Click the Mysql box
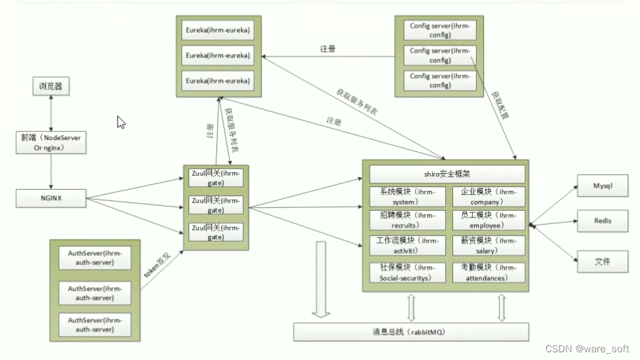[602, 187]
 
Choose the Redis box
[602, 221]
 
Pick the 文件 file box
[602, 261]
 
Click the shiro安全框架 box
[447, 174]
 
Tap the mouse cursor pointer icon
[120, 122]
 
